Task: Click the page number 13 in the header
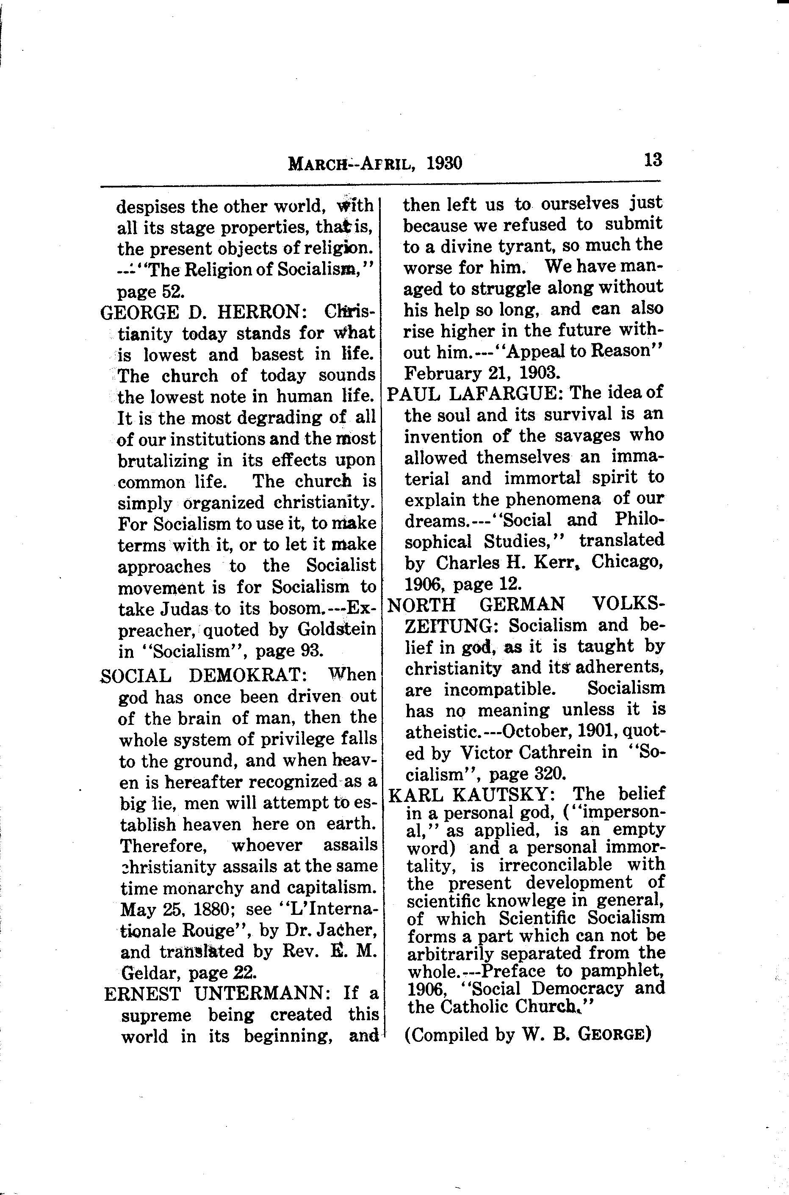(x=653, y=160)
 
